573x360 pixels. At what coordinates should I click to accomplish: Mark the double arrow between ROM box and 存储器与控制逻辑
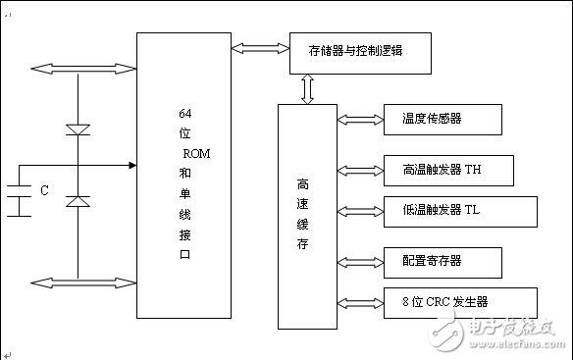pos(260,45)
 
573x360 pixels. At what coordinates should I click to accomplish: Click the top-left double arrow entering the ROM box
pos(82,68)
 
